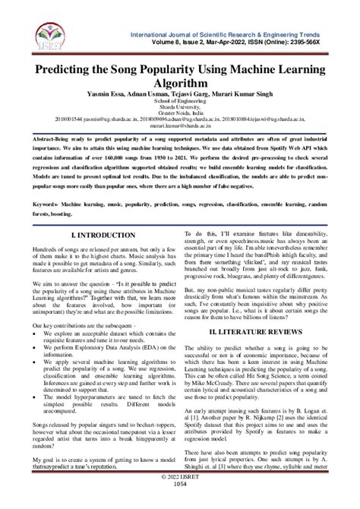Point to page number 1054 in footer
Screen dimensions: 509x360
point(180,502)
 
